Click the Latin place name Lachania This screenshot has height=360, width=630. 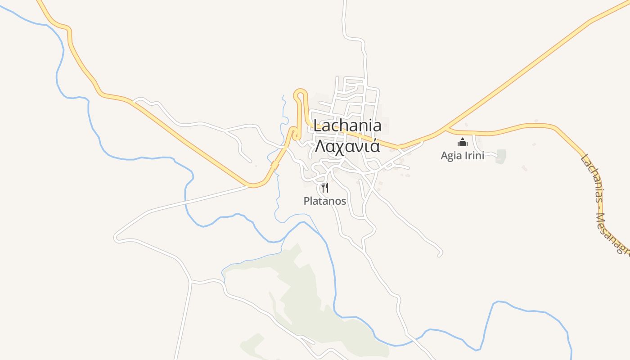pos(347,126)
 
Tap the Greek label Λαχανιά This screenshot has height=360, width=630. pos(347,146)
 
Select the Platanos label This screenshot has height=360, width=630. pos(325,201)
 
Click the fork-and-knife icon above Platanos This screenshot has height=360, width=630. pos(325,187)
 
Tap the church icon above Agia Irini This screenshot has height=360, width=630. pos(462,143)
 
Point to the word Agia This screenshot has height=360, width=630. pos(450,156)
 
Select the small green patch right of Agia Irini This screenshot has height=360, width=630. pos(500,156)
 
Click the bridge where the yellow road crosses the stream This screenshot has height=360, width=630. pos(274,166)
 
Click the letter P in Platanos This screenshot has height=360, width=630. pos(307,201)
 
